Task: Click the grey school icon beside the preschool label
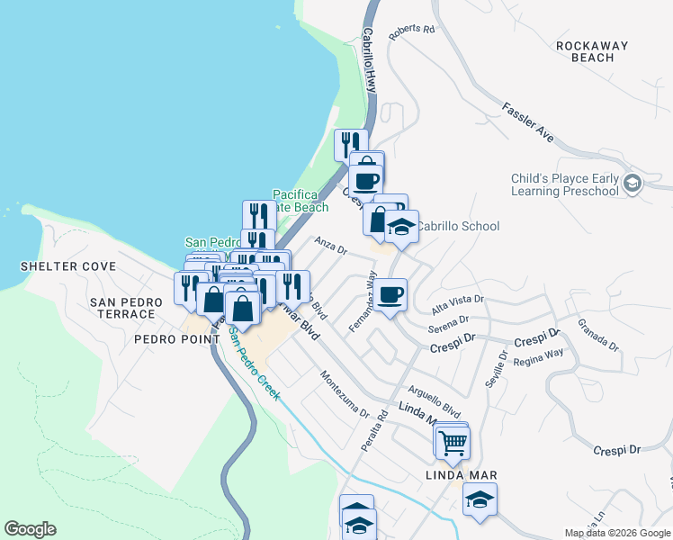633,183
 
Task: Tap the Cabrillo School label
458,227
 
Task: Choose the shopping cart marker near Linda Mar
453,441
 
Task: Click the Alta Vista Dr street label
458,301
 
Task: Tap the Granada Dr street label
597,332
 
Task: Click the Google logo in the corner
30,529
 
